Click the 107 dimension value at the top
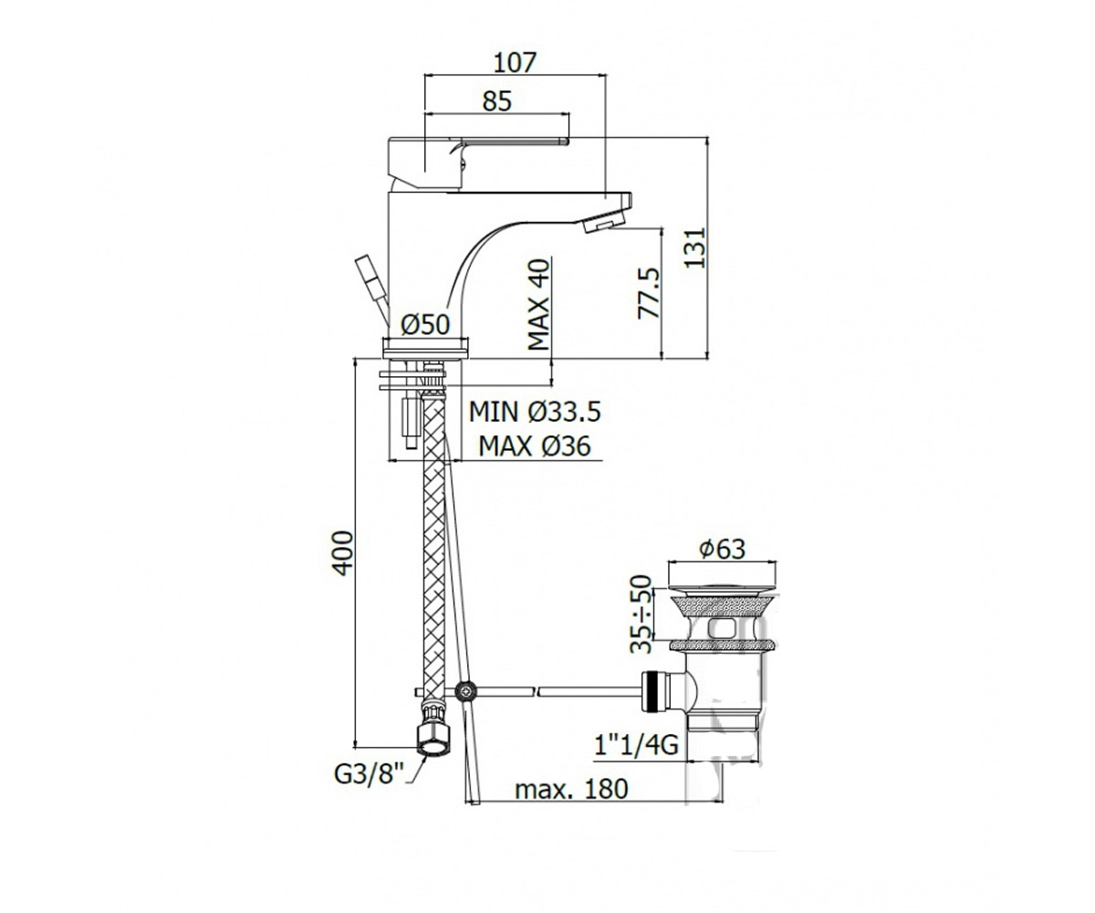point(515,62)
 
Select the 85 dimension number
point(496,100)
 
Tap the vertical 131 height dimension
point(694,247)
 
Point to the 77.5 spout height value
point(649,293)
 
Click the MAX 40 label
point(538,304)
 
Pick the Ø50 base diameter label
point(425,324)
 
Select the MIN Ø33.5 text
point(535,412)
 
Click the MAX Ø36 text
point(535,446)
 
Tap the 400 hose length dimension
point(343,553)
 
